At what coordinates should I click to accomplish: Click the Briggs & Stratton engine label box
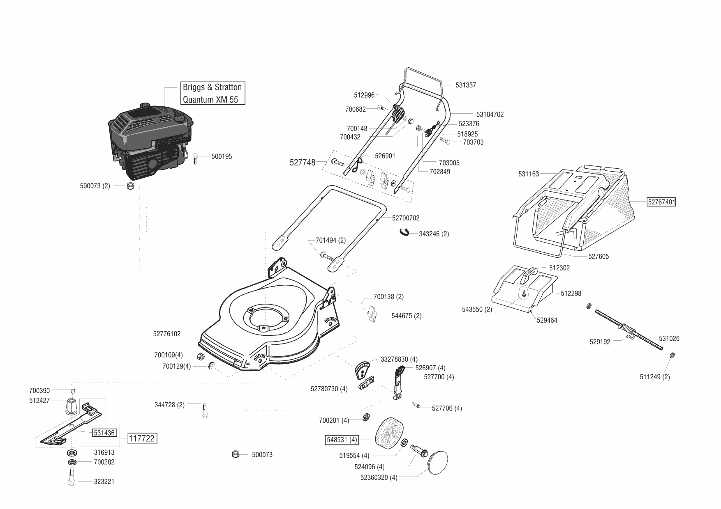tap(213, 93)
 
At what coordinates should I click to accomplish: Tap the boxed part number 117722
tap(142, 438)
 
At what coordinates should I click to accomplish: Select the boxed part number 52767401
tap(661, 202)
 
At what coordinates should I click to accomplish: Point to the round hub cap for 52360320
tap(438, 463)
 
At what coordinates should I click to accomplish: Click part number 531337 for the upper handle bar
tap(466, 85)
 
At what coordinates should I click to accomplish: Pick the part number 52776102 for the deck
tap(167, 334)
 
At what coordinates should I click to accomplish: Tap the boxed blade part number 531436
tap(104, 433)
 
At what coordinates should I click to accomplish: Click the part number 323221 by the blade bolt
tap(104, 481)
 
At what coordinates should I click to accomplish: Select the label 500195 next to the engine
tap(222, 156)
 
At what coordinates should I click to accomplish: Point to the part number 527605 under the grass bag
tap(599, 257)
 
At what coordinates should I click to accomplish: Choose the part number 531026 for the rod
tap(669, 339)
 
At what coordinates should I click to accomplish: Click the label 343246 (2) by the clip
tap(434, 234)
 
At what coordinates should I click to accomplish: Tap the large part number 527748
tap(303, 163)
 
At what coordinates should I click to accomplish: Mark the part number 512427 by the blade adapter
tap(39, 401)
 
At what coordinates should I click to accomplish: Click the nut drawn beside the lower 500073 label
tap(236, 454)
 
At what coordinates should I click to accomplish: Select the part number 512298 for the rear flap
tap(571, 293)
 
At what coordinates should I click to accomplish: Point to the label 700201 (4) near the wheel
tap(334, 420)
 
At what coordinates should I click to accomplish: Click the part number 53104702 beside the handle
tap(490, 115)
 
